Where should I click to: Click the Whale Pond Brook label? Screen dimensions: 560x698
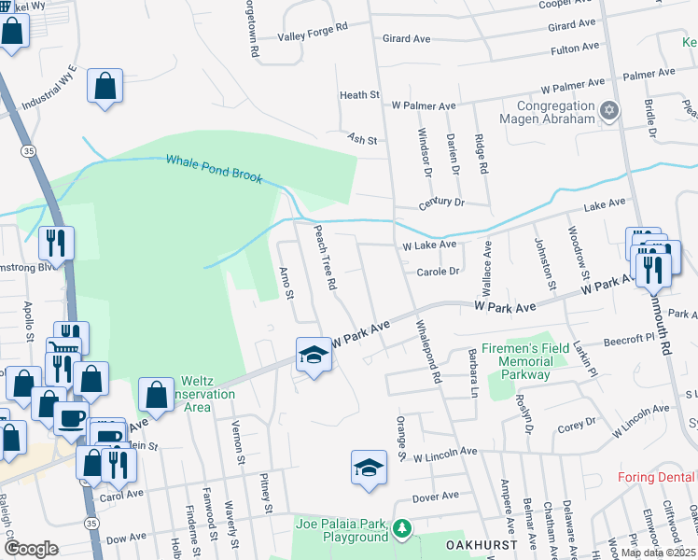(x=214, y=168)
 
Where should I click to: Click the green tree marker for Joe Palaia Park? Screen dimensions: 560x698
(x=402, y=529)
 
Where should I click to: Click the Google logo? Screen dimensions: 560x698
(x=31, y=549)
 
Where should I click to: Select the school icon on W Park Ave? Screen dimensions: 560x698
(x=314, y=356)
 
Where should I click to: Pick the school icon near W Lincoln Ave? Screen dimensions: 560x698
(x=369, y=466)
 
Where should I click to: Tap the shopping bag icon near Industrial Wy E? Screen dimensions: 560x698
(x=105, y=86)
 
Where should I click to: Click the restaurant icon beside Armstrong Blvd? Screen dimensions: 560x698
(x=56, y=244)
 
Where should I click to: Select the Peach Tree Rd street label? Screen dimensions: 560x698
(x=324, y=257)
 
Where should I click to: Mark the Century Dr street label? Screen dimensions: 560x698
(x=440, y=203)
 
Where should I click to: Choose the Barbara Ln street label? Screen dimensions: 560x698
(x=473, y=374)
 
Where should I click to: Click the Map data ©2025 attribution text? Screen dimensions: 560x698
(x=658, y=553)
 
